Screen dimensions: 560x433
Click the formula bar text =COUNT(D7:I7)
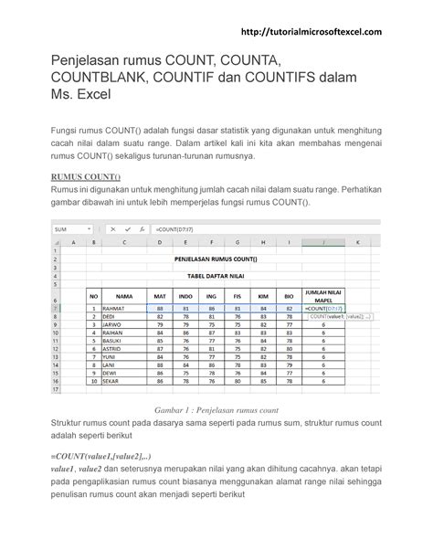178,229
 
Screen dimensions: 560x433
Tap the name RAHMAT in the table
115,309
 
